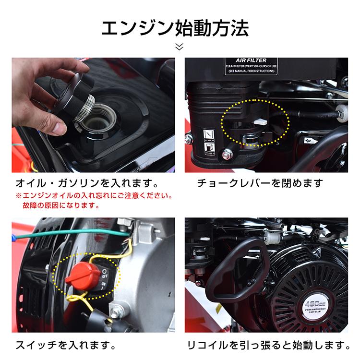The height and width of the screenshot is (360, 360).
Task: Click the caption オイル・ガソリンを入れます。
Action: (x=87, y=183)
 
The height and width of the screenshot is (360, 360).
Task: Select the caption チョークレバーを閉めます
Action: (x=260, y=183)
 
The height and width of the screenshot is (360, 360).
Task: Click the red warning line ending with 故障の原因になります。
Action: (x=61, y=205)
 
